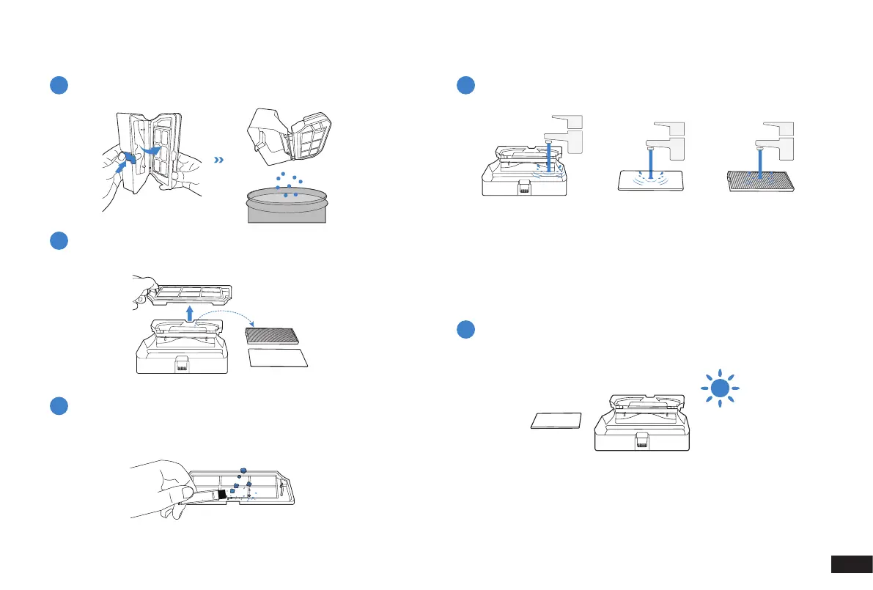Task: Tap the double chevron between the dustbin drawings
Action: [218, 160]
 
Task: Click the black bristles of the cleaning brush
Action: [220, 495]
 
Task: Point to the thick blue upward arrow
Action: [189, 314]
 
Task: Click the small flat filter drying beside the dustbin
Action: [556, 421]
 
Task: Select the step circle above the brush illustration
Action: [59, 406]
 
